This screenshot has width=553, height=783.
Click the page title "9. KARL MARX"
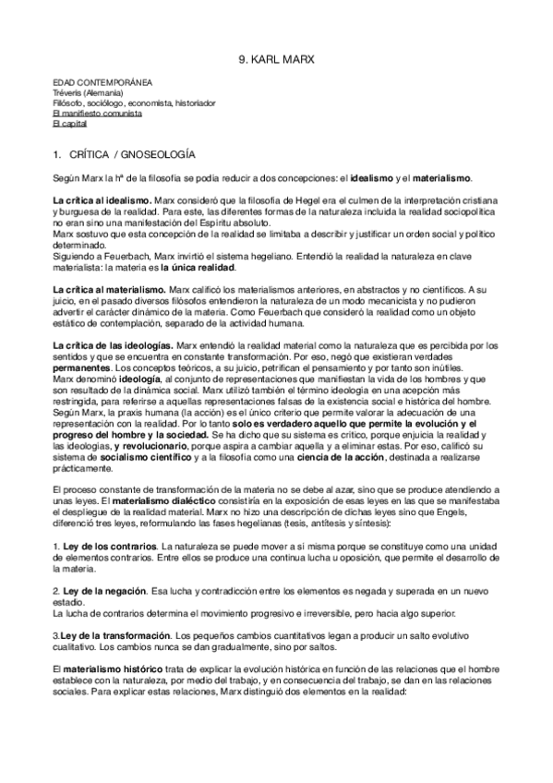276,61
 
